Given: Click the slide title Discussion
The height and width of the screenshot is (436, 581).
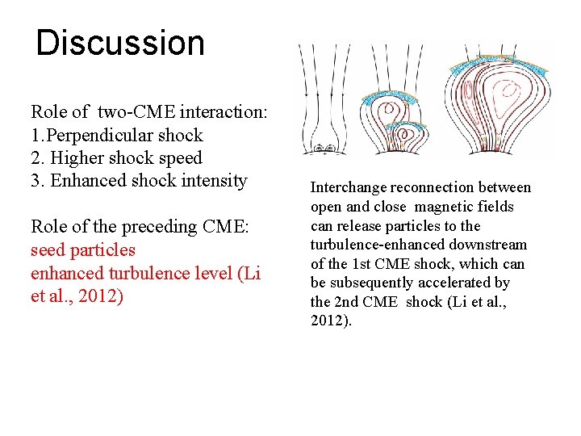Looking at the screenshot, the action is [x=120, y=43].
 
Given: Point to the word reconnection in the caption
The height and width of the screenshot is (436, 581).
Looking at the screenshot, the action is [x=432, y=187].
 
